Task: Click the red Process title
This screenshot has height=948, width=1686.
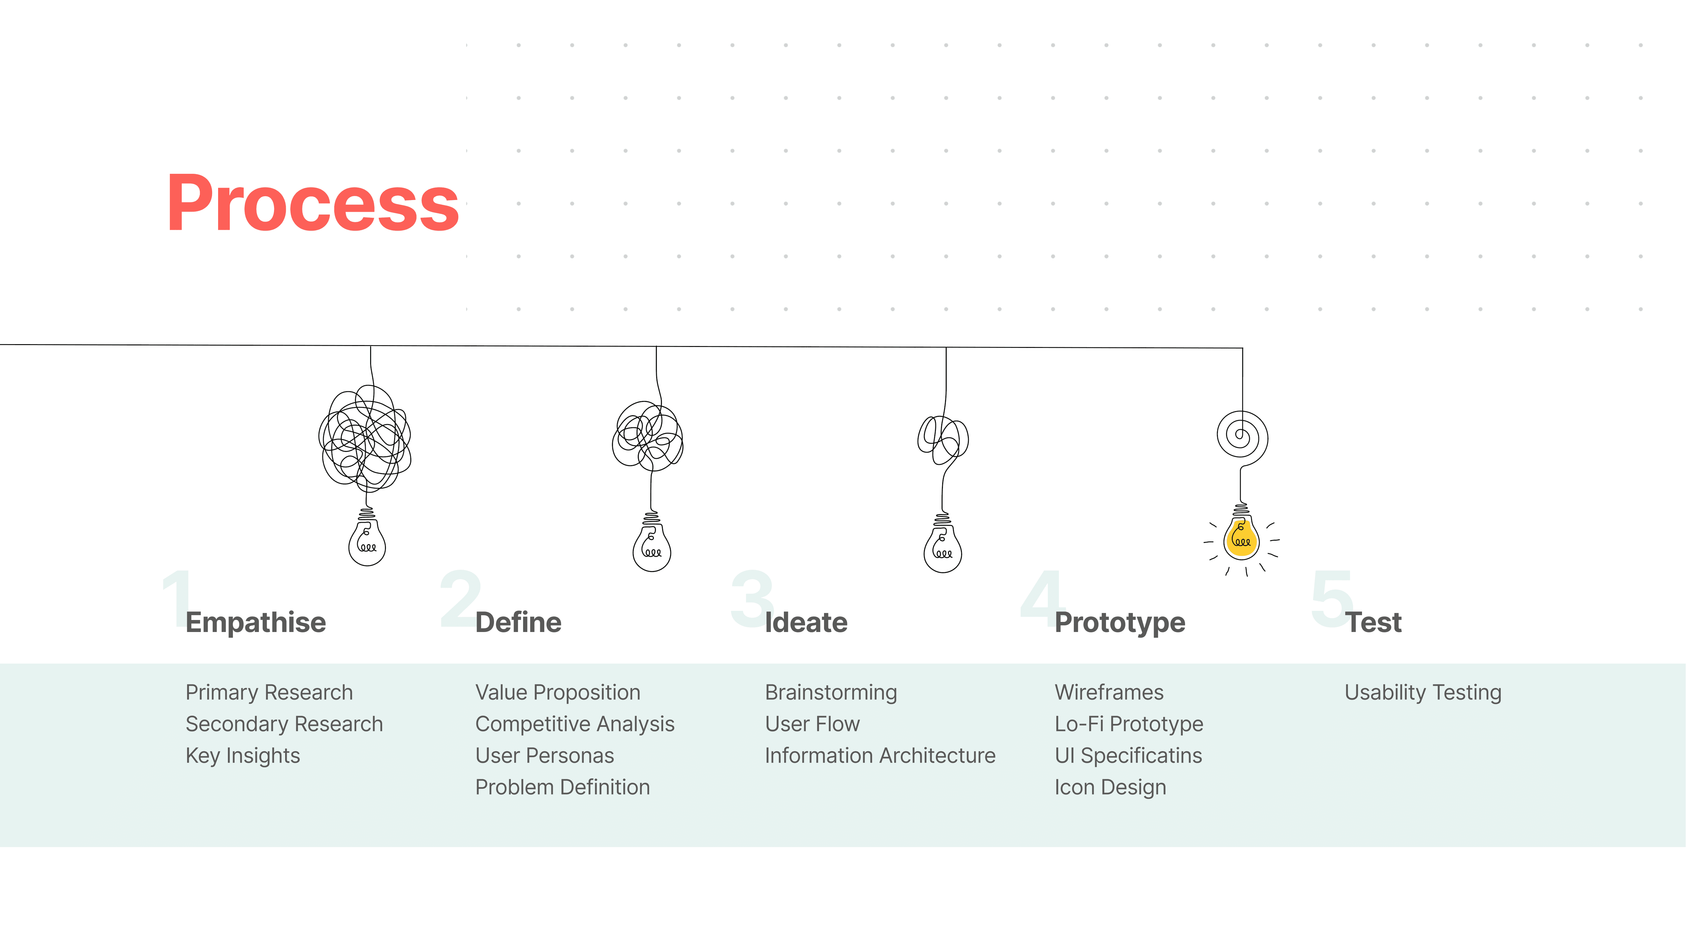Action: point(313,204)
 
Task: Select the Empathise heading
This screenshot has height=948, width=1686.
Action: point(255,622)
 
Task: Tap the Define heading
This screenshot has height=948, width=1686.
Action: point(518,622)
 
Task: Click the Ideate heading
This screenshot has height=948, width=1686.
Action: point(806,622)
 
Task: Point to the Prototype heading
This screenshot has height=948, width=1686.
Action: point(1119,622)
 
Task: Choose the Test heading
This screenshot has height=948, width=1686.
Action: point(1373,622)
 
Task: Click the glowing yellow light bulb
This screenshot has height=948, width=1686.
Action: point(1241,538)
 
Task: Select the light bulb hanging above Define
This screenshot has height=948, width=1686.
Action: point(651,546)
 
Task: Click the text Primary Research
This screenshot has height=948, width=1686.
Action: point(269,692)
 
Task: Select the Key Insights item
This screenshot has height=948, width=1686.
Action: point(243,756)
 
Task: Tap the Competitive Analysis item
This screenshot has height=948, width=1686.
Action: point(575,724)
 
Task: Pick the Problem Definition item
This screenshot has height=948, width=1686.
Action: point(562,787)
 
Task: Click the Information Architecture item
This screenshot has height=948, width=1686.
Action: point(880,756)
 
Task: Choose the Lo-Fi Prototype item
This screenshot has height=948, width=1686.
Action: point(1128,724)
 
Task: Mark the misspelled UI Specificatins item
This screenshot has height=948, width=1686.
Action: point(1128,756)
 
